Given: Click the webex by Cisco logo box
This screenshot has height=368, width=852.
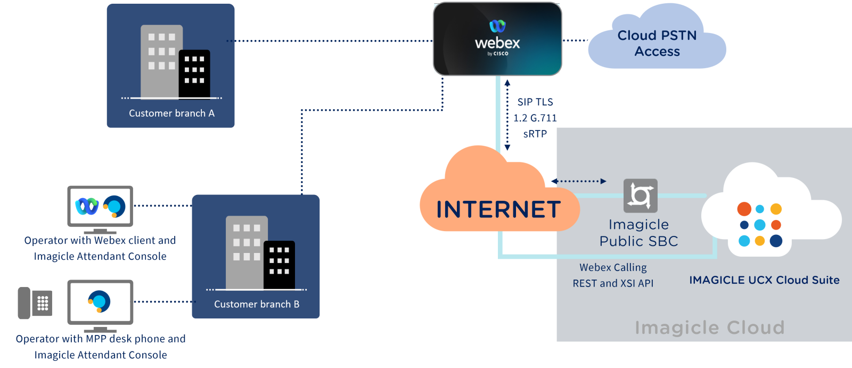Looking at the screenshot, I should point(497,39).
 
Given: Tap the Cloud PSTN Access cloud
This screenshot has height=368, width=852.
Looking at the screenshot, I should point(657,43).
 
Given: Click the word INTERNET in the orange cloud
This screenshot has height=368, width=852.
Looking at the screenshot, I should point(498,209).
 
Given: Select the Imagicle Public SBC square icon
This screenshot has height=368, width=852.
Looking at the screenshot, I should point(640,195).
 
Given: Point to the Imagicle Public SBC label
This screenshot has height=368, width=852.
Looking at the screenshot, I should point(638,233).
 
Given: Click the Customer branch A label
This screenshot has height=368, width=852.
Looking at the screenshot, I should point(171,113).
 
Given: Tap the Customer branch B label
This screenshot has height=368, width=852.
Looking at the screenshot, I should point(257,304).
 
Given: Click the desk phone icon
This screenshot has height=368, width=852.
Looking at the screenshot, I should point(35,303).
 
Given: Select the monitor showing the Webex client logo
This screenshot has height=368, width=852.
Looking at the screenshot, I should point(100,207).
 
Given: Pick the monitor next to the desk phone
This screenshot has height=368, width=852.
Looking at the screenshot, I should point(100,302).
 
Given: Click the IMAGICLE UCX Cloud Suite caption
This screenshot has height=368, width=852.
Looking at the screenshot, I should point(764,280).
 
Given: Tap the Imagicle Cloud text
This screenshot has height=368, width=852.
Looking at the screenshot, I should point(709,327).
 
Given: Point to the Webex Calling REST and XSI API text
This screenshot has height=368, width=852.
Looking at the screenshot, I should point(613,275).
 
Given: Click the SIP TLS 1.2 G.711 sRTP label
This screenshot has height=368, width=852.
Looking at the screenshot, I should point(535,118).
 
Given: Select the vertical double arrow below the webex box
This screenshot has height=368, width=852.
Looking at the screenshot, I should point(507,115).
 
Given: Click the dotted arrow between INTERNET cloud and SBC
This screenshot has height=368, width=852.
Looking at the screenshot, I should point(579,181).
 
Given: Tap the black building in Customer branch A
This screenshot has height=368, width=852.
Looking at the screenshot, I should point(194,73).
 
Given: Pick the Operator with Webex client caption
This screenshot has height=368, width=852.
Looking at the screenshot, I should point(100,248).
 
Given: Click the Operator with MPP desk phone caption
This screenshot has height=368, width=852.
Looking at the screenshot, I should point(101,347).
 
